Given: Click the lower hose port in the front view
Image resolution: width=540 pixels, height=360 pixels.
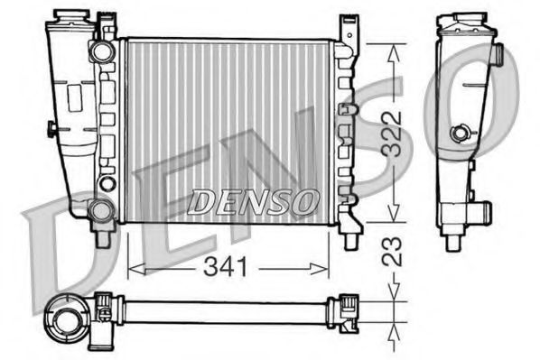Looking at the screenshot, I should pyautogui.click(x=101, y=212).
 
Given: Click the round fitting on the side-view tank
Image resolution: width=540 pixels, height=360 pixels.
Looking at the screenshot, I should pyautogui.click(x=462, y=134).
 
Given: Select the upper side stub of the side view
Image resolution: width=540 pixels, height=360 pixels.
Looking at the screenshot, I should pyautogui.click(x=496, y=54).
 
